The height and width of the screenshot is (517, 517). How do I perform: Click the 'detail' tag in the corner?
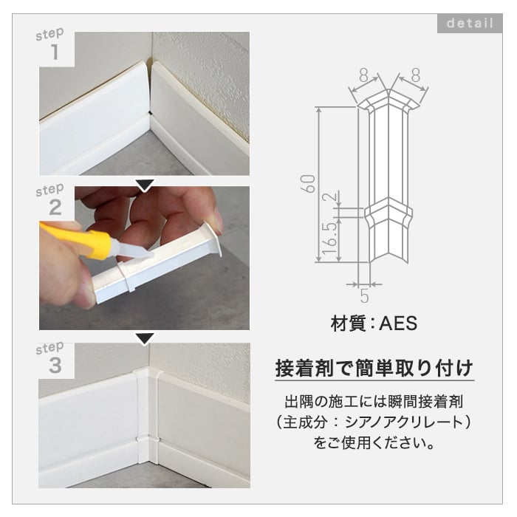470,23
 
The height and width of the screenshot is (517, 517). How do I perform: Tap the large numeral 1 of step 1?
55,52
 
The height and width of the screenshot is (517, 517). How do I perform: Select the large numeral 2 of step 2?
55,207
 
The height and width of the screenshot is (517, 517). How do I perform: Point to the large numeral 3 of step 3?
55,365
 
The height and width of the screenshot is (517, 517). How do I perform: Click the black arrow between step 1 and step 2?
145,185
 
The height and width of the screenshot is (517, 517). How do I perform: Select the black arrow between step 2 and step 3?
145,338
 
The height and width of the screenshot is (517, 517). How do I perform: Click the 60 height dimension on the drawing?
308,183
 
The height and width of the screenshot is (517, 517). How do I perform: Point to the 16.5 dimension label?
330,238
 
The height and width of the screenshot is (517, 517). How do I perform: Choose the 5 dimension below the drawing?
364,295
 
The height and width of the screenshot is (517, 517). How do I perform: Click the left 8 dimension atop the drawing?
363,75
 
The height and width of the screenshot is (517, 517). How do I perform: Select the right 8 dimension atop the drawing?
416,75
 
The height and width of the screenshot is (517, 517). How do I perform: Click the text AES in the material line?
398,323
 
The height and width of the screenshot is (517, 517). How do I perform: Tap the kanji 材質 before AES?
348,323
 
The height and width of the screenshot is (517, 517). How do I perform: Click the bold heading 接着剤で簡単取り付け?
374,368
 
